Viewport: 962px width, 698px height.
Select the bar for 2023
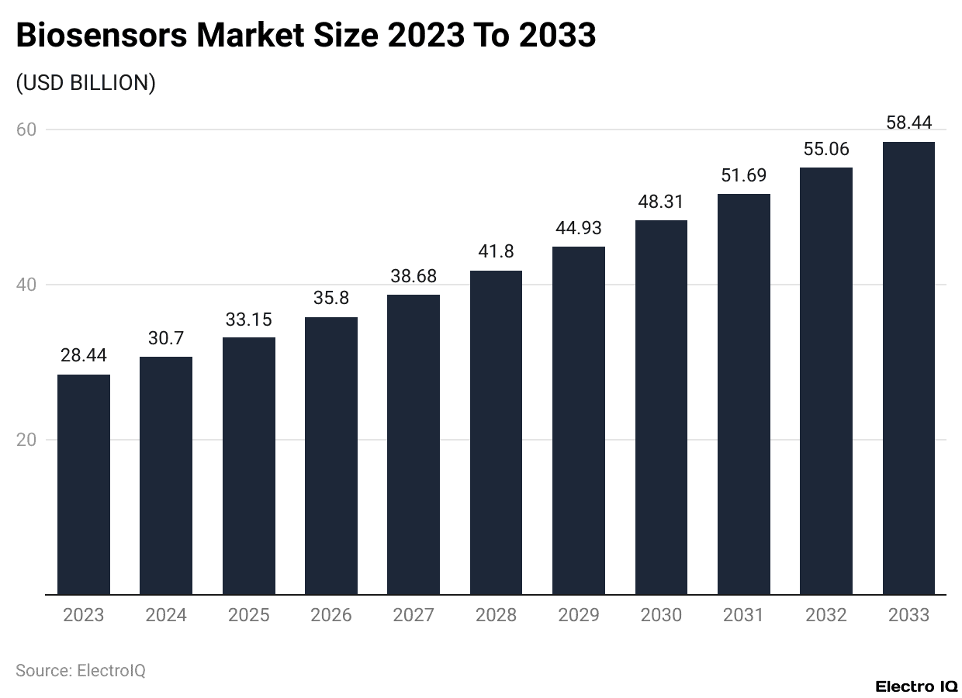(x=84, y=485)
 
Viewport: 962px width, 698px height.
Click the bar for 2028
(x=496, y=433)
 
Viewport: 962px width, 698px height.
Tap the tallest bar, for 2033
(x=908, y=368)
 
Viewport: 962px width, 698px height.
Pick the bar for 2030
(x=661, y=407)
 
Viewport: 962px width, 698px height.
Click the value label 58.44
(x=908, y=123)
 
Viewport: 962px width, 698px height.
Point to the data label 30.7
(x=166, y=338)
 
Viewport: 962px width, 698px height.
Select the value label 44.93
(x=579, y=228)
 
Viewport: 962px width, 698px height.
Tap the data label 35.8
(x=331, y=299)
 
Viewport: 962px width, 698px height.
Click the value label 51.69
(x=743, y=175)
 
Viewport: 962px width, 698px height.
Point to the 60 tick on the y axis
(x=26, y=130)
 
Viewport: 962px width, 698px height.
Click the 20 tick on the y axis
(x=26, y=440)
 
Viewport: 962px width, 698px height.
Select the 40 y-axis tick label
(x=26, y=285)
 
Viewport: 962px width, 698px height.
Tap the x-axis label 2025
(x=249, y=616)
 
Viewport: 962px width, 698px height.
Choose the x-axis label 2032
(x=826, y=616)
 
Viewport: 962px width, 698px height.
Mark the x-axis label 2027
(x=414, y=616)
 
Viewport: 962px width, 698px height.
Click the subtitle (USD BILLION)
(x=85, y=83)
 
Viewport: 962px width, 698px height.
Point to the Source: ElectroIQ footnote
(x=80, y=671)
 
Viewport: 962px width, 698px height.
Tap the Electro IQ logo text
(x=916, y=686)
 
